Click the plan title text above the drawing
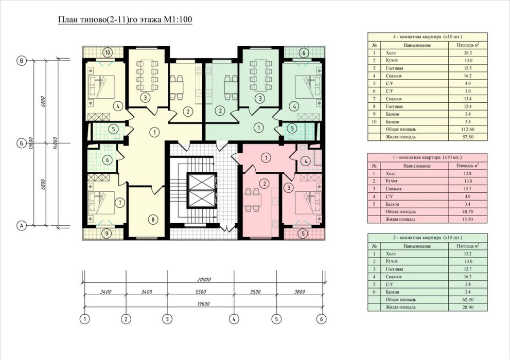(x=125, y=20)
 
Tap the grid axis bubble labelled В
(x=22, y=61)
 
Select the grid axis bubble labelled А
(x=22, y=226)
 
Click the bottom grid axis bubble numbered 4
(x=234, y=319)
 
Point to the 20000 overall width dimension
(x=204, y=279)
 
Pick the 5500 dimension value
(x=200, y=292)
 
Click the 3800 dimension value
(x=299, y=292)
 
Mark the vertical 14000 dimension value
(x=55, y=143)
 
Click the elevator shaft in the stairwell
(x=202, y=190)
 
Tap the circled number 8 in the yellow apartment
(x=153, y=219)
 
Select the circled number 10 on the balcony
(x=108, y=52)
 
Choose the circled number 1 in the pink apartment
(x=266, y=158)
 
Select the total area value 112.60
(x=468, y=129)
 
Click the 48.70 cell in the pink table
(x=468, y=211)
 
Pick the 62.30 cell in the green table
(x=468, y=299)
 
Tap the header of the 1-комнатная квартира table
(x=427, y=157)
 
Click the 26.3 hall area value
(x=468, y=52)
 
